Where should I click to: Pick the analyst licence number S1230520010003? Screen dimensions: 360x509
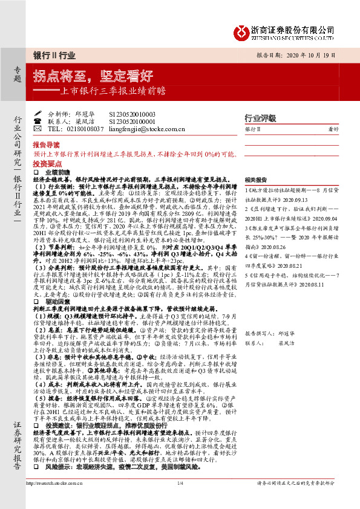(x=133, y=114)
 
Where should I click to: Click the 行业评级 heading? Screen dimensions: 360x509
(x=260, y=118)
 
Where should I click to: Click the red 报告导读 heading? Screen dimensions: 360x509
(x=47, y=146)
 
